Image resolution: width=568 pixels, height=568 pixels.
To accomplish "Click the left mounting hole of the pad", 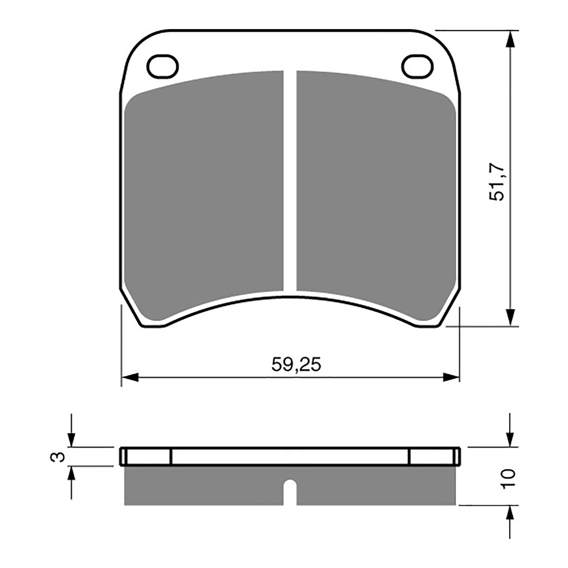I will point(163,66).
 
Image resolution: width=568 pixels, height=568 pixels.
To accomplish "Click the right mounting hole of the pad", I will point(417,66).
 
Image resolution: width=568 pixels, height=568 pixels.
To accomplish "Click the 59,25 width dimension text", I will point(296,365).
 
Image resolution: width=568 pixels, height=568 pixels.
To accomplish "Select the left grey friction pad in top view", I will point(205,192).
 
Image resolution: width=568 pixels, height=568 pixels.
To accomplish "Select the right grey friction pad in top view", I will point(376,192).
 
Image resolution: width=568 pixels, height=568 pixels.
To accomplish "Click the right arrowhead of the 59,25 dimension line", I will point(452,377).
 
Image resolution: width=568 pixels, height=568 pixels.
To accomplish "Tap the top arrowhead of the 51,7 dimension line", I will point(510,39).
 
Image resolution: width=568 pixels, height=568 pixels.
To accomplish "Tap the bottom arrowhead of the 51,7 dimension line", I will point(510,317).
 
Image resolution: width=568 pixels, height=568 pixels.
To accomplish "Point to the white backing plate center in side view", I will point(290,457).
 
